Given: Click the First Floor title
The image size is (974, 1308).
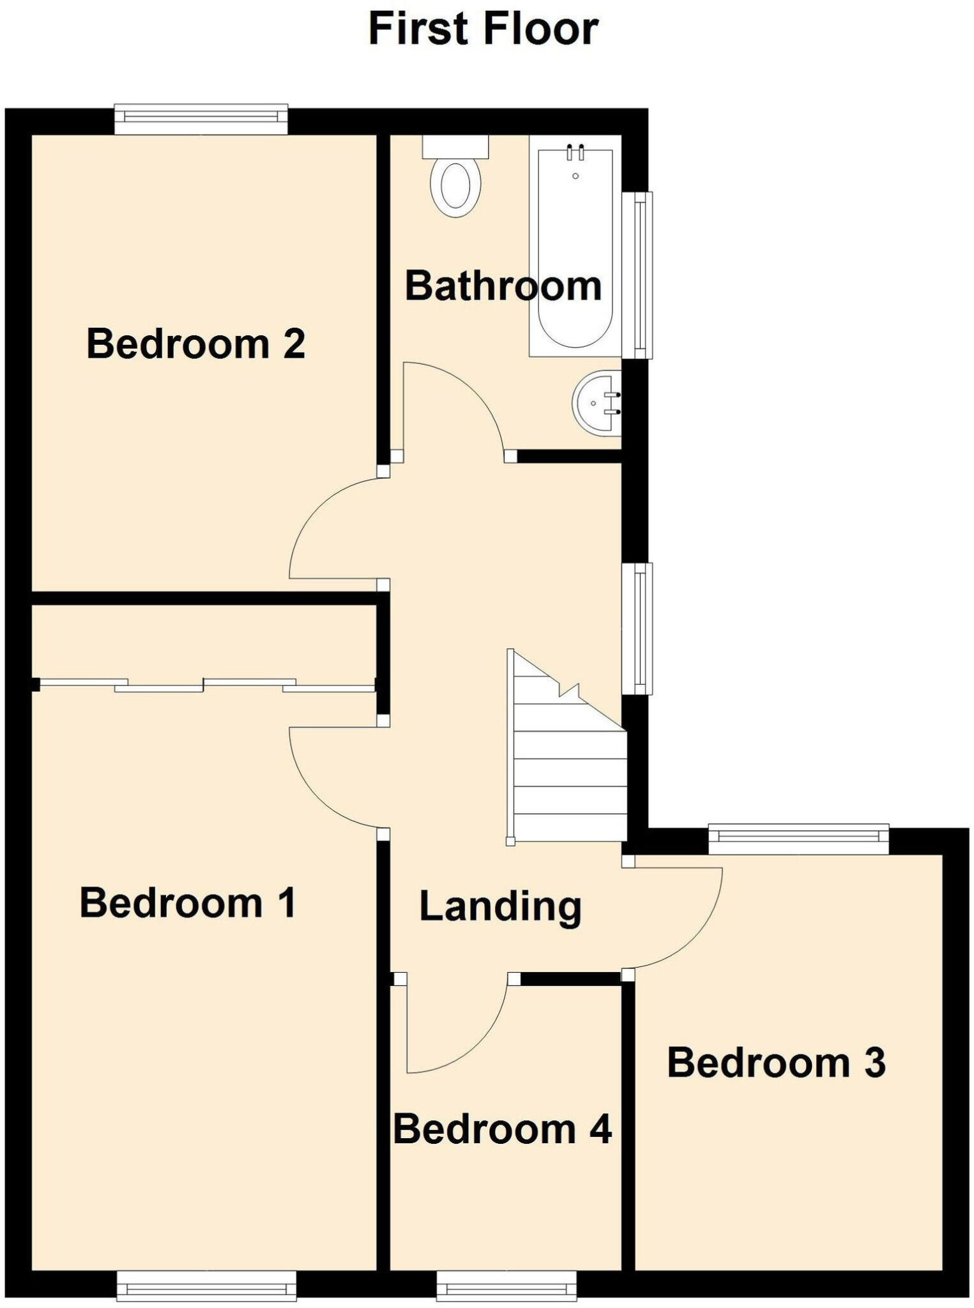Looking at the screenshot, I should click(483, 29).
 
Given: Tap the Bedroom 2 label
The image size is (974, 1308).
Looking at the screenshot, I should click(195, 344).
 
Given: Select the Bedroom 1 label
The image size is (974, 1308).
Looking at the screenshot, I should click(188, 903).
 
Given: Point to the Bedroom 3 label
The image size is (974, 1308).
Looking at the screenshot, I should click(776, 1063).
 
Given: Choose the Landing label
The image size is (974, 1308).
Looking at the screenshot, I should click(500, 906).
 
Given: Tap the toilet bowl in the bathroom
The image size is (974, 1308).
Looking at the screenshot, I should click(455, 186).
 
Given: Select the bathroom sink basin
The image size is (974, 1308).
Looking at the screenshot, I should click(597, 403).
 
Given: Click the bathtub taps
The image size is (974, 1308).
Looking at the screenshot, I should click(575, 153).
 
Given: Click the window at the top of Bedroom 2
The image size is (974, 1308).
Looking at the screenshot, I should click(201, 119).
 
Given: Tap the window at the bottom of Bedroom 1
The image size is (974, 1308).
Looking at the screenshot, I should click(207, 1285).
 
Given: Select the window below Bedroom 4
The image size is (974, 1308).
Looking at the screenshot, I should click(506, 1285).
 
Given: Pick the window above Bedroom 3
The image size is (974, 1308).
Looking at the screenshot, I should click(798, 840).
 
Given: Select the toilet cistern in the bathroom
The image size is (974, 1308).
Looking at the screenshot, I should click(455, 146).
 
